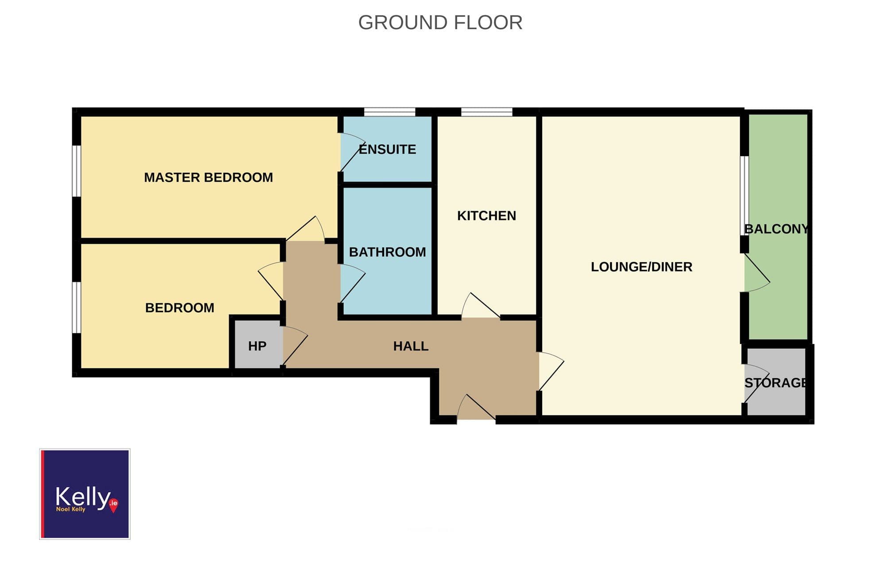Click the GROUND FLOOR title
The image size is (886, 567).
[x=440, y=23]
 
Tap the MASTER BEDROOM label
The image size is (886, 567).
[x=208, y=178]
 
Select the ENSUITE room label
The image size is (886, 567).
[x=388, y=149]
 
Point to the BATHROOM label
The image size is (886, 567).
[x=388, y=252]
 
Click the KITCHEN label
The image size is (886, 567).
[x=486, y=216]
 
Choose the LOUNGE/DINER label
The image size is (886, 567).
[x=641, y=267]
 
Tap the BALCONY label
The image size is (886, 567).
[x=777, y=229]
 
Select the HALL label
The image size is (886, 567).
[x=411, y=346]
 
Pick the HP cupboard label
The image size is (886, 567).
[x=257, y=346]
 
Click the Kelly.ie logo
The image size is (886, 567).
[x=85, y=494]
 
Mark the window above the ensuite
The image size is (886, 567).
[x=390, y=112]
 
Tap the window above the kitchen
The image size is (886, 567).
[x=487, y=112]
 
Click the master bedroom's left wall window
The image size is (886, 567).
[x=77, y=171]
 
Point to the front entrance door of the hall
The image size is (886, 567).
[x=476, y=407]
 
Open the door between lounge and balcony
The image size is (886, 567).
[x=757, y=273]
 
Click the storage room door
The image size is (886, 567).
[x=757, y=383]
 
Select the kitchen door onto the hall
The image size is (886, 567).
[x=481, y=305]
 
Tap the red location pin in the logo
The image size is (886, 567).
[x=113, y=505]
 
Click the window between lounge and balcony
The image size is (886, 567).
[x=745, y=196]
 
